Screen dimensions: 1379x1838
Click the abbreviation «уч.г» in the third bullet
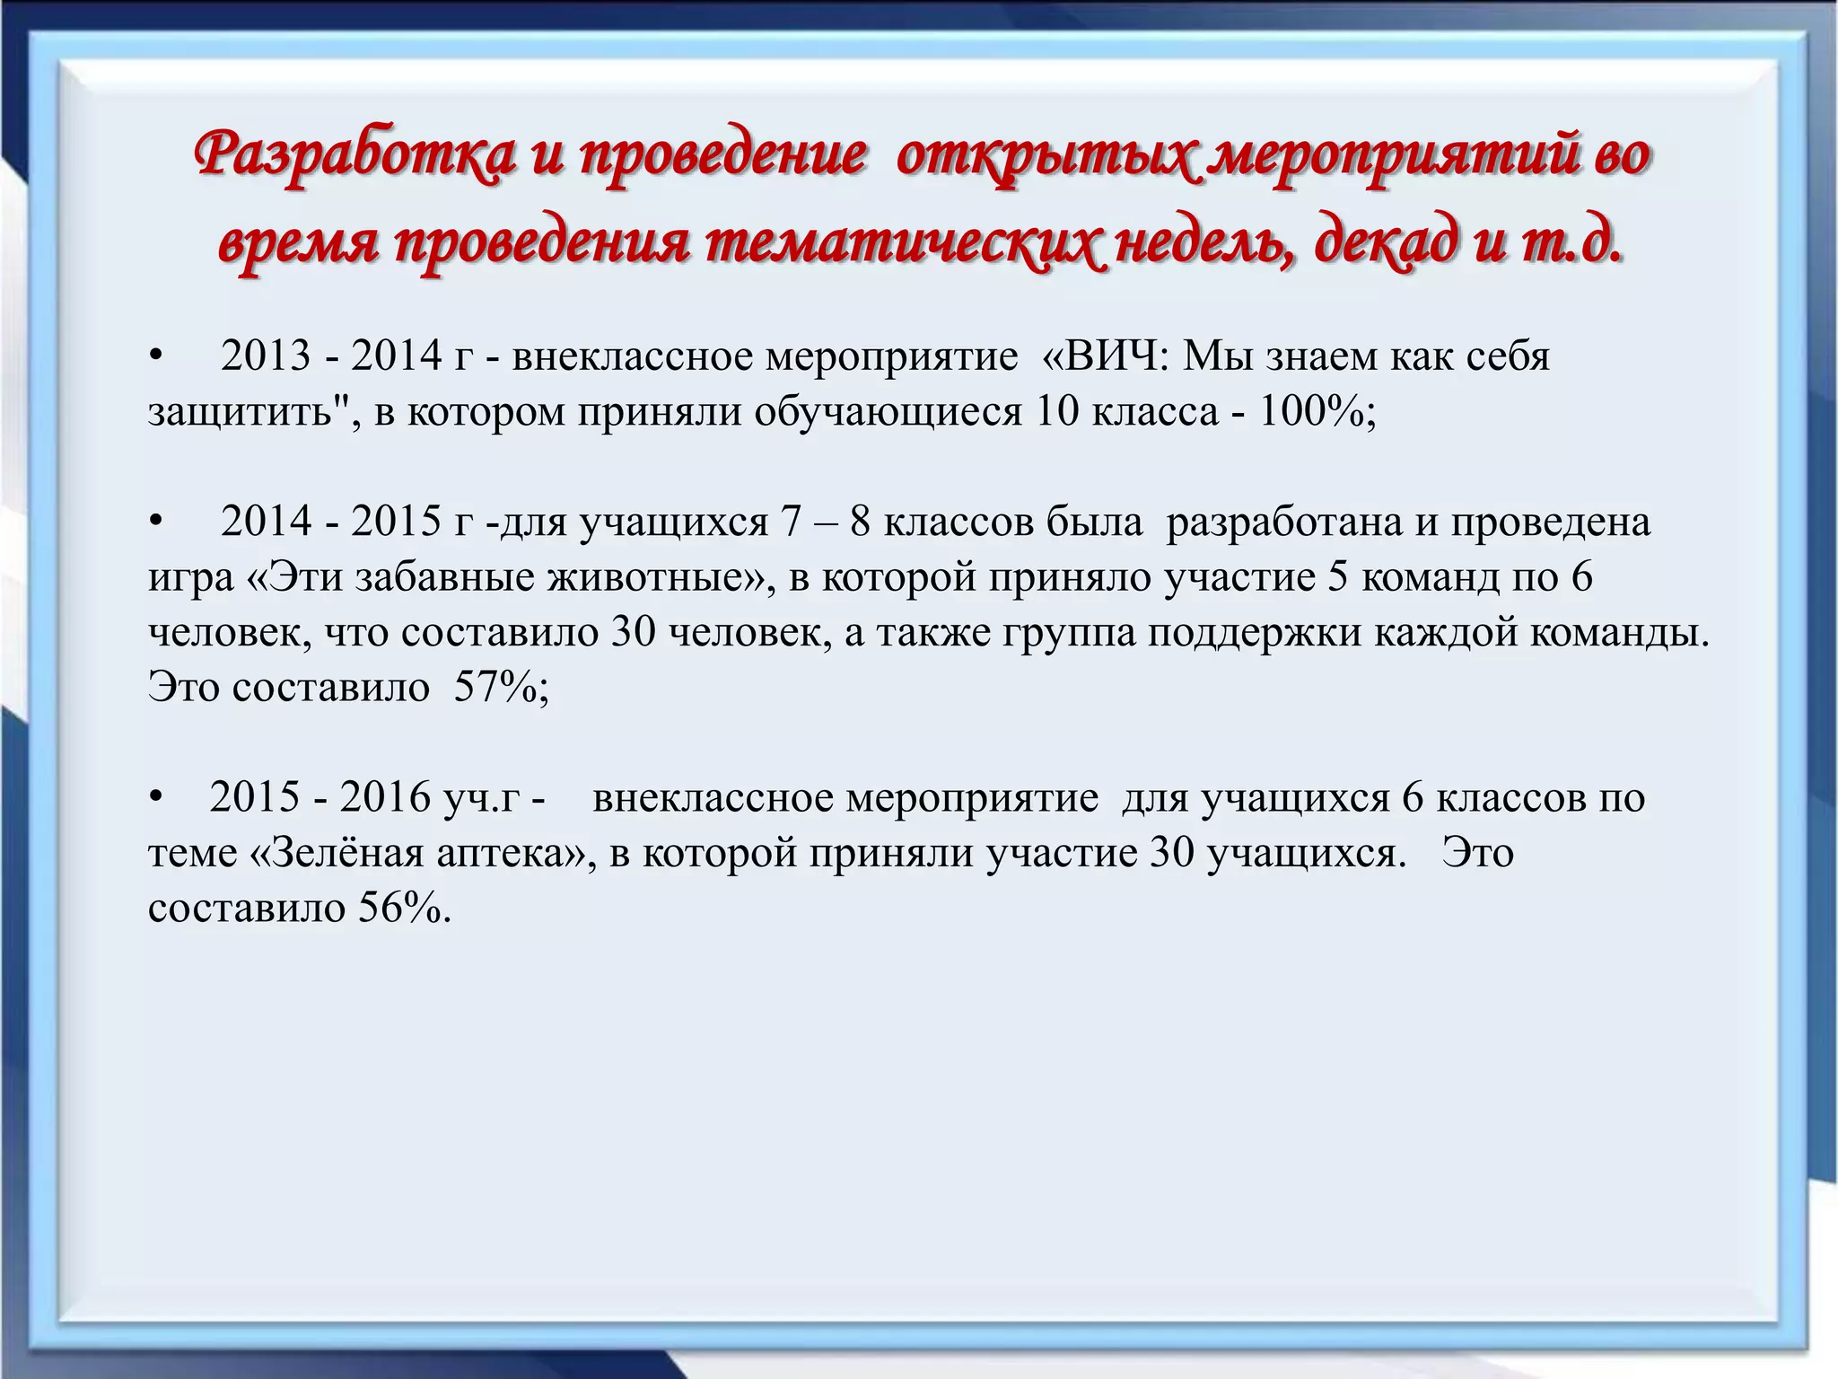pyautogui.click(x=481, y=798)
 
